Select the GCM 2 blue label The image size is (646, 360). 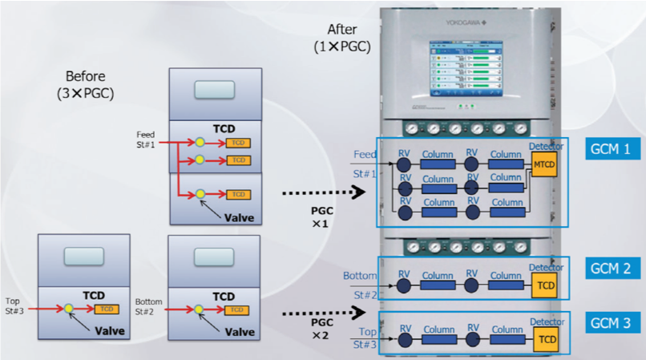[x=612, y=268]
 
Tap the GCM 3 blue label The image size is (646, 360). [x=612, y=322]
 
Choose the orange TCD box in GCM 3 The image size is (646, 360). [x=547, y=341]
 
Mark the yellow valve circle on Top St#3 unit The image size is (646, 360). [x=68, y=309]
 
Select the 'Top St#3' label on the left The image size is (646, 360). [x=16, y=308]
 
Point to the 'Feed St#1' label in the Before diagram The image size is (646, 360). [x=146, y=139]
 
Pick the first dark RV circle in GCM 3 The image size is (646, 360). [x=405, y=341]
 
